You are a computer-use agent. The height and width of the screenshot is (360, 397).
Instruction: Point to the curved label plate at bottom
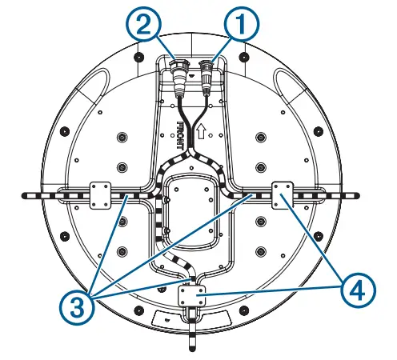[x=192, y=318]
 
